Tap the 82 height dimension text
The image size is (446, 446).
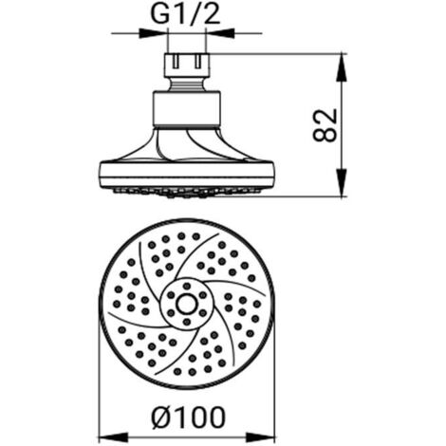pyautogui.click(x=325, y=125)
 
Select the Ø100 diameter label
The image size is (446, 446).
pyautogui.click(x=189, y=418)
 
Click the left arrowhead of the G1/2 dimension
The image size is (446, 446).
pyautogui.click(x=153, y=33)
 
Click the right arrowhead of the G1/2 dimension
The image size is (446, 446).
pyautogui.click(x=220, y=33)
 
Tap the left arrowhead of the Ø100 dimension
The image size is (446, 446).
pyautogui.click(x=113, y=437)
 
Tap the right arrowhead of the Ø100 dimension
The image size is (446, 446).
pyautogui.click(x=261, y=437)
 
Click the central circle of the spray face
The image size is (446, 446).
pyautogui.click(x=187, y=305)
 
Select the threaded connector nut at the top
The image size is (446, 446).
pyautogui.click(x=187, y=65)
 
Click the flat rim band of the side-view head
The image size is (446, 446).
pyautogui.click(x=187, y=175)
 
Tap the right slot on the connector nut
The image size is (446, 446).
pyautogui.click(x=198, y=62)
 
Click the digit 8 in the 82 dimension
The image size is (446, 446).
pyautogui.click(x=325, y=134)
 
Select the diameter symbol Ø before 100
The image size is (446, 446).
pyautogui.click(x=161, y=418)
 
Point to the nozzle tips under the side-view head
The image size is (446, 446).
pyautogui.click(x=187, y=193)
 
